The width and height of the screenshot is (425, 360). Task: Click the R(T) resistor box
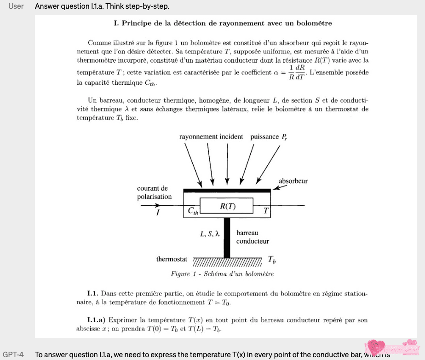pyautogui.click(x=226, y=206)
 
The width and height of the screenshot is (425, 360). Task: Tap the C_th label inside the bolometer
pyautogui.click(x=193, y=211)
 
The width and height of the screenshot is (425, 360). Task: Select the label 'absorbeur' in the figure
pyautogui.click(x=293, y=181)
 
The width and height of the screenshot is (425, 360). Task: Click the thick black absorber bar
pyautogui.click(x=226, y=190)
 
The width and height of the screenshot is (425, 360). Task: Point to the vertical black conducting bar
pyautogui.click(x=226, y=237)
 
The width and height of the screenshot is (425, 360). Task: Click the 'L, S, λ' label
pyautogui.click(x=210, y=234)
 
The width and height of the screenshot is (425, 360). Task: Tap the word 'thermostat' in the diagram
pyautogui.click(x=172, y=259)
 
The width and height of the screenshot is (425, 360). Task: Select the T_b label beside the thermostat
pyautogui.click(x=272, y=260)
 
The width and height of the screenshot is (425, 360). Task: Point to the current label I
pyautogui.click(x=158, y=212)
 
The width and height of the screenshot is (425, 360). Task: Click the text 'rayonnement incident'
pyautogui.click(x=211, y=137)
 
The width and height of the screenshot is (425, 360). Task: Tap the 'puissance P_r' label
pyautogui.click(x=269, y=137)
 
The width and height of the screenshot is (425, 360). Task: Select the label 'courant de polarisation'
pyautogui.click(x=154, y=192)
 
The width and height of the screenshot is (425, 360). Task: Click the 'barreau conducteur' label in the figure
pyautogui.click(x=253, y=237)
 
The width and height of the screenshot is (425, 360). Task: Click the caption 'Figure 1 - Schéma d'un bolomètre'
pyautogui.click(x=222, y=274)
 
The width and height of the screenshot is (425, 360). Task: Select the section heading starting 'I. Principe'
pyautogui.click(x=222, y=23)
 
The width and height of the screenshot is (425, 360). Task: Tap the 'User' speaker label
pyautogui.click(x=16, y=6)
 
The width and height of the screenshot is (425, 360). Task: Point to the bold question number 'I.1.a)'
pyautogui.click(x=97, y=319)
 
